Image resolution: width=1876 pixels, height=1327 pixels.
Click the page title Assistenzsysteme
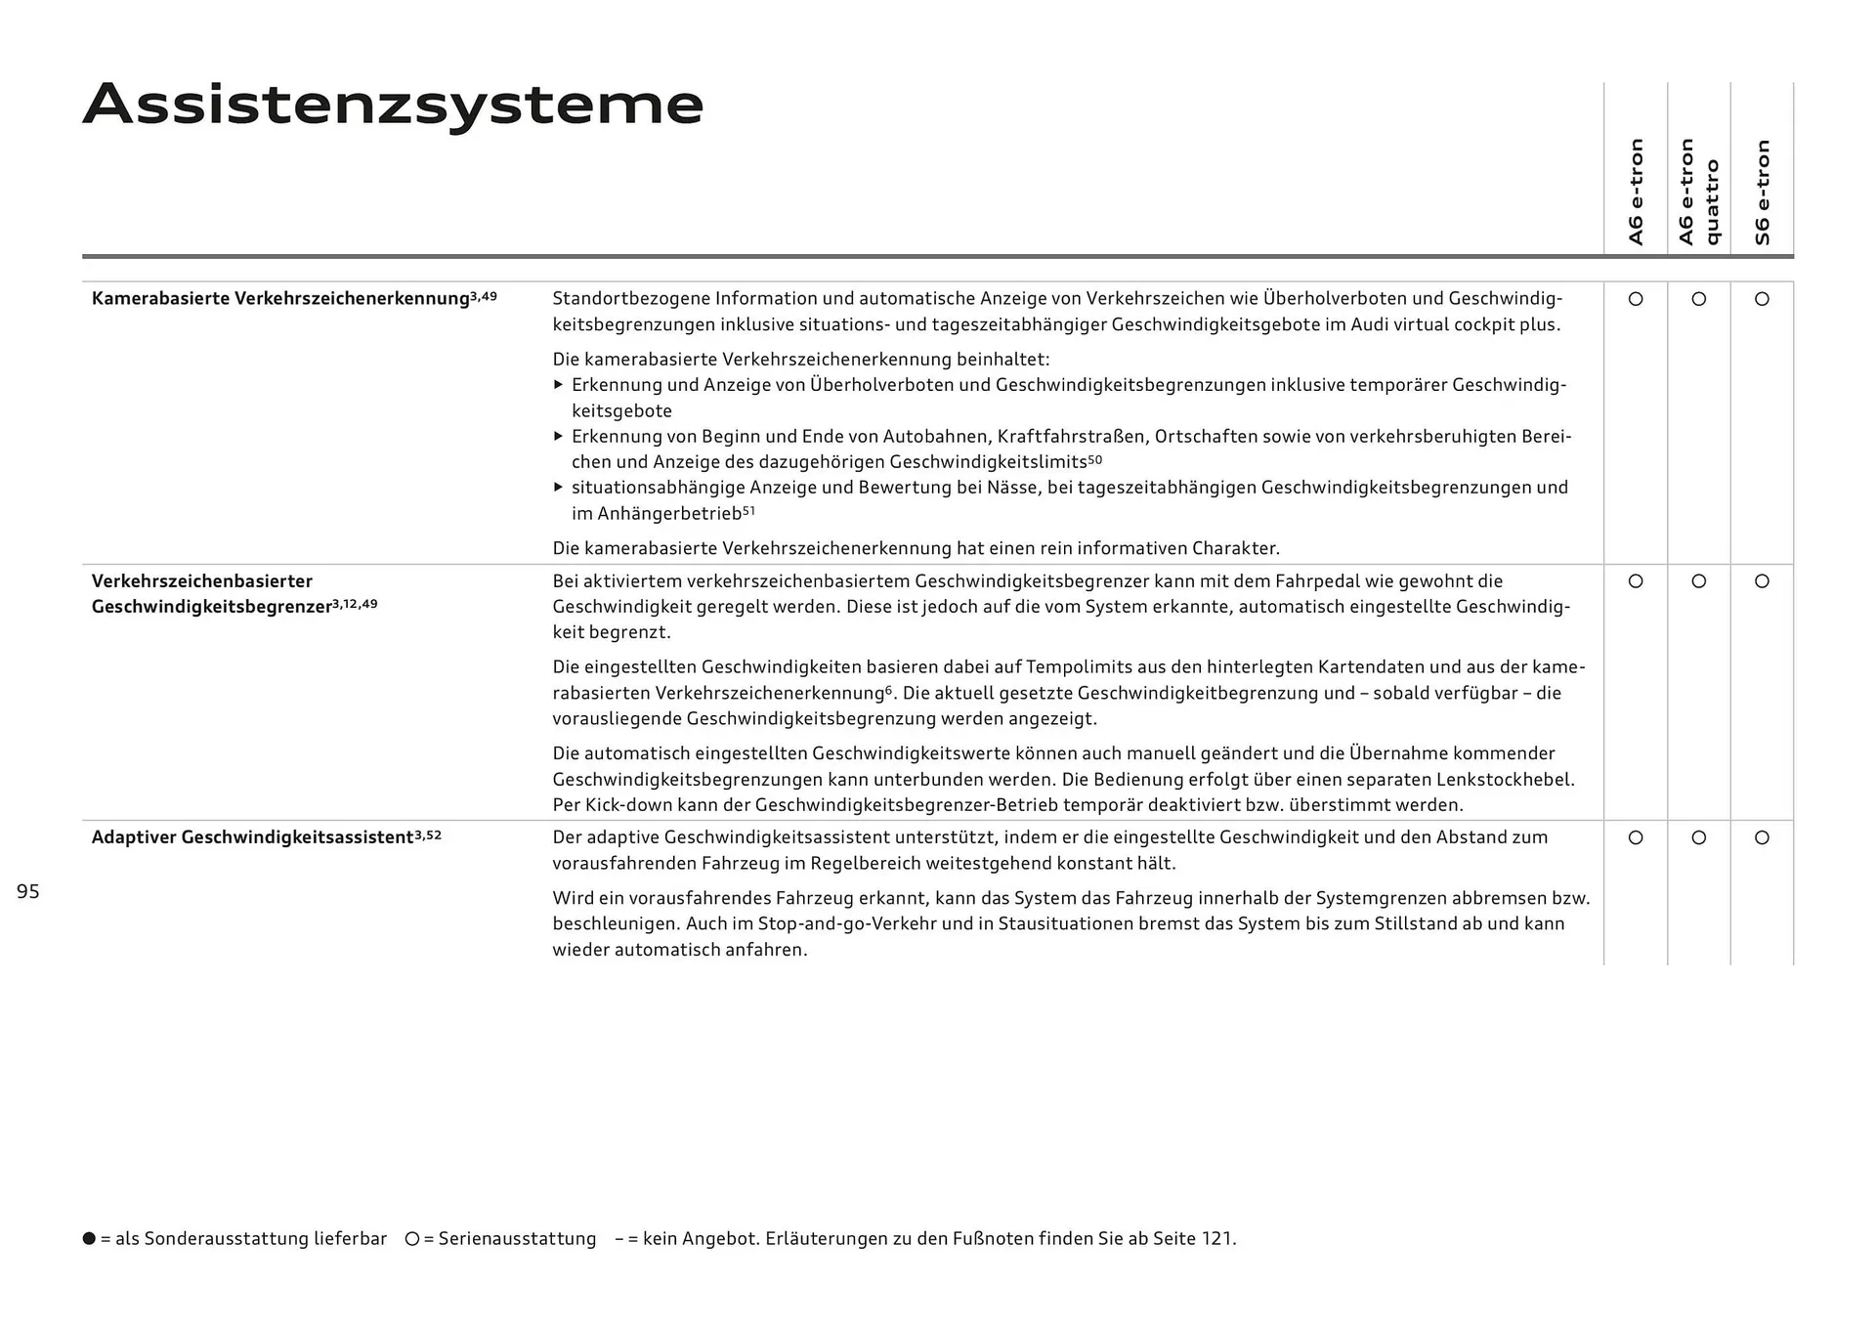pyautogui.click(x=393, y=105)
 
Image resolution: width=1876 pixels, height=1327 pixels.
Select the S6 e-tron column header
pyautogui.click(x=1762, y=192)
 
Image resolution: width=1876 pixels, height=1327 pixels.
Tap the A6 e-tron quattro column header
pyautogui.click(x=1698, y=192)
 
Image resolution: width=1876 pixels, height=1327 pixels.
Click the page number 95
pyautogui.click(x=28, y=891)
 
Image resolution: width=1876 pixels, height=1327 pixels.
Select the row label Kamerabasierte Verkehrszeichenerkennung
pyautogui.click(x=280, y=299)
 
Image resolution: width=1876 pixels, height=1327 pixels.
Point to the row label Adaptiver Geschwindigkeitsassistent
pyautogui.click(x=252, y=837)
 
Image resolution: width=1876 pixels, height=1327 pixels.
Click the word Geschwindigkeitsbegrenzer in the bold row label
pyautogui.click(x=211, y=607)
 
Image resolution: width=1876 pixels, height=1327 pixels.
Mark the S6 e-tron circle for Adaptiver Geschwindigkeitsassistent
pyautogui.click(x=1762, y=837)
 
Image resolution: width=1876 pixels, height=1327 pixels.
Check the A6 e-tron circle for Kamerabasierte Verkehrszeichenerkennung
pyautogui.click(x=1636, y=299)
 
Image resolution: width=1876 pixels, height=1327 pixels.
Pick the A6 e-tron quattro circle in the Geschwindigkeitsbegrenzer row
pyautogui.click(x=1698, y=581)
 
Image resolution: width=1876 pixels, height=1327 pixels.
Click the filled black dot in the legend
pyautogui.click(x=89, y=1238)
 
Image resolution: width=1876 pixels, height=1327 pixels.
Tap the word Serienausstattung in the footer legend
pyautogui.click(x=517, y=1239)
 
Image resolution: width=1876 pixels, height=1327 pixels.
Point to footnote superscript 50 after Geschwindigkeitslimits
pyautogui.click(x=1094, y=458)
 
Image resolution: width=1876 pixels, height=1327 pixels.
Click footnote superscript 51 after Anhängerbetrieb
pyautogui.click(x=748, y=510)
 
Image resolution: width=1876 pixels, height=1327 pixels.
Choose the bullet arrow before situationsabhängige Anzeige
pyautogui.click(x=559, y=487)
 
